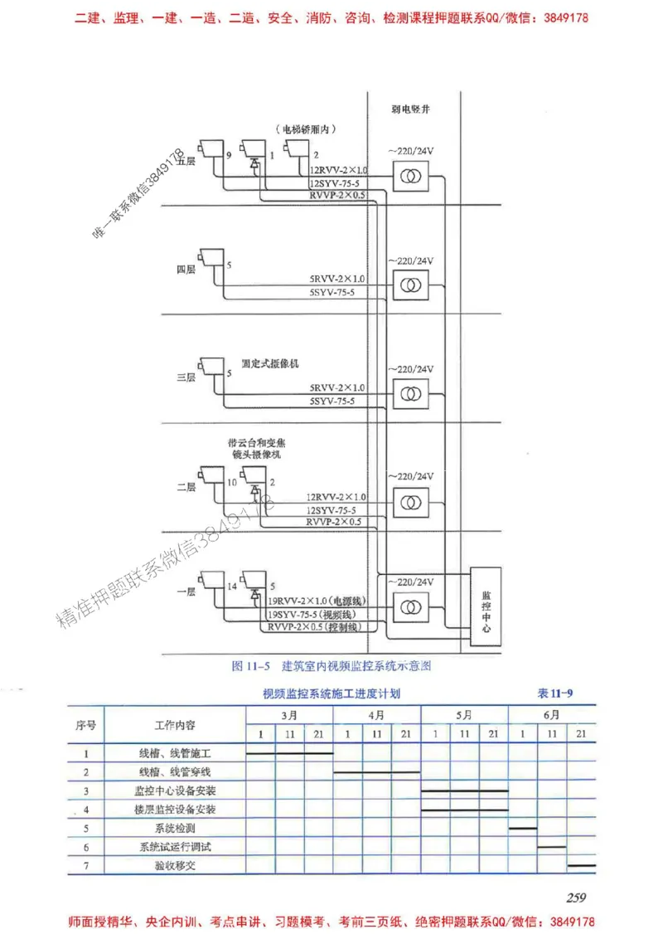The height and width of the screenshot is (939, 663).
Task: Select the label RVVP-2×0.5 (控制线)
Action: pyautogui.click(x=316, y=628)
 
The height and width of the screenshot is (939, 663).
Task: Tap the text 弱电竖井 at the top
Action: pyautogui.click(x=410, y=109)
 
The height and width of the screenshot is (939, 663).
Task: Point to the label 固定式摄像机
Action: pyautogui.click(x=269, y=363)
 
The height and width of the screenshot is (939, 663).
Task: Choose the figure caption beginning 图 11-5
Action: pyautogui.click(x=332, y=665)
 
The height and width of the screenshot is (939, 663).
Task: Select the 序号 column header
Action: pyautogui.click(x=86, y=724)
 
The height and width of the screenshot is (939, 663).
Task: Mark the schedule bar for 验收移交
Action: pyautogui.click(x=581, y=865)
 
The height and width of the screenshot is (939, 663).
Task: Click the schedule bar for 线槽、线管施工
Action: pyautogui.click(x=290, y=753)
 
